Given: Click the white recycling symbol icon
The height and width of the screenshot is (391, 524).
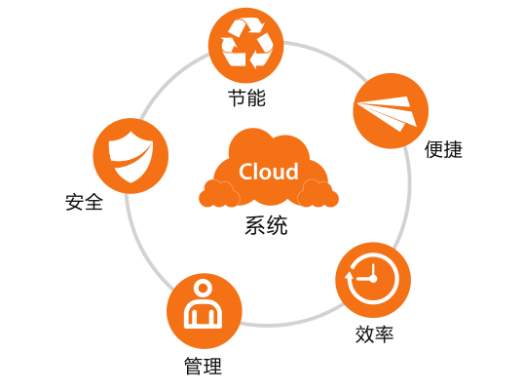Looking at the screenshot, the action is tap(246, 44).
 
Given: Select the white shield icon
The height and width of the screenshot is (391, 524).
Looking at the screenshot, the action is tap(131, 157).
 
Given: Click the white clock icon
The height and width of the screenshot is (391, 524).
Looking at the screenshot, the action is tap(372, 278).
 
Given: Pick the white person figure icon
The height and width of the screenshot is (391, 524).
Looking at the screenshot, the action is tap(203, 305).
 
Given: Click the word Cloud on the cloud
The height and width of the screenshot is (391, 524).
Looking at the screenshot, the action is tap(269, 172).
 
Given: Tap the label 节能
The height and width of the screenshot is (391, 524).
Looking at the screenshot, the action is tap(247, 98).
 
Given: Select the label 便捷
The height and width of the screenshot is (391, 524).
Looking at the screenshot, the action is tap(443, 149).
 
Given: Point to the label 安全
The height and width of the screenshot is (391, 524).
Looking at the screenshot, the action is tap(84, 202).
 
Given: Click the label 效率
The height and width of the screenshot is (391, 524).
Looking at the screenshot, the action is tap(374, 333).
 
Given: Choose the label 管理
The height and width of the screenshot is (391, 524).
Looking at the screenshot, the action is tap(203, 366).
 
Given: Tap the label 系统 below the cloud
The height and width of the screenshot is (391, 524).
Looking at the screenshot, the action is tap(266, 225).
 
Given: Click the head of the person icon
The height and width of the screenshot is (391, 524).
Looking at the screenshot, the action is tap(203, 288).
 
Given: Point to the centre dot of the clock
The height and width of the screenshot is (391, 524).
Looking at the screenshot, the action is tap(373, 278).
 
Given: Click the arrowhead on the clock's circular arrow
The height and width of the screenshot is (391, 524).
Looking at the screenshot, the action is tap(349, 275).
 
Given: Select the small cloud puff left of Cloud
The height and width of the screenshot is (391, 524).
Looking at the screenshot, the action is tap(219, 194).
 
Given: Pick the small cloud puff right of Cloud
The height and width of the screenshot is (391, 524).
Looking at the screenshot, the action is tap(318, 194).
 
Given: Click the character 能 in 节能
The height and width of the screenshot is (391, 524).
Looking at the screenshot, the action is tap(257, 98).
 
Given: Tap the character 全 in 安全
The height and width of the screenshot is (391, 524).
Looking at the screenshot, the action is tap(94, 202).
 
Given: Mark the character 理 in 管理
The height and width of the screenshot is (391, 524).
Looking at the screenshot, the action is tap(213, 366).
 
